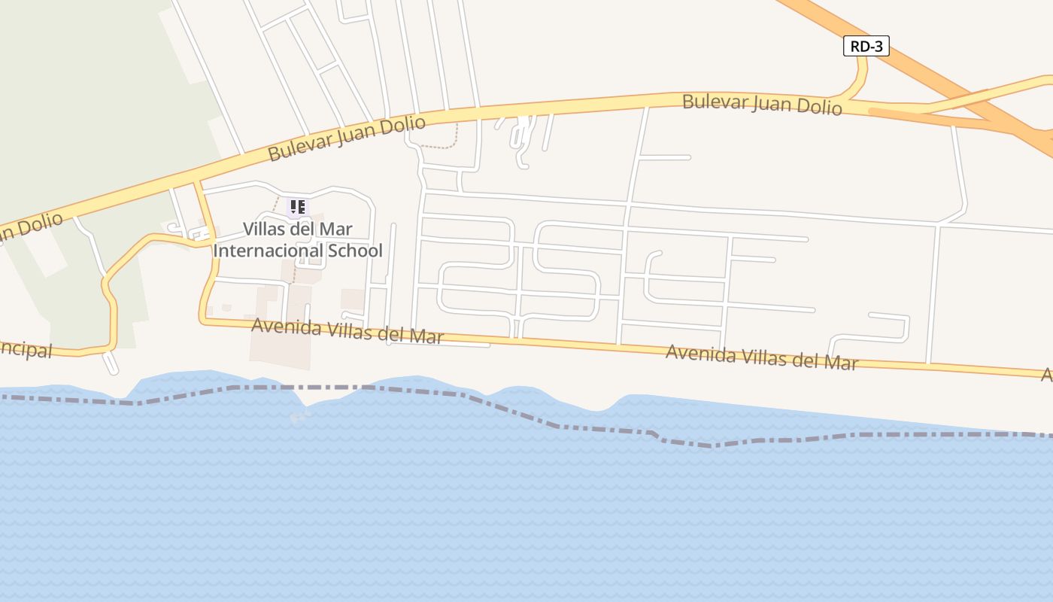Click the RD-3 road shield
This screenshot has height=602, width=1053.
coord(866,47)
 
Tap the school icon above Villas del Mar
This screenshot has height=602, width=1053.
coord(297,207)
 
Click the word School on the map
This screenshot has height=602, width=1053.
coord(355,251)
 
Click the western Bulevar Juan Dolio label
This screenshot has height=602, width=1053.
coord(347,138)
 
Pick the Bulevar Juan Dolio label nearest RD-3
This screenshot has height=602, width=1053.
coord(761,104)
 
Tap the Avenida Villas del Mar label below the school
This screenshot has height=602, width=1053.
coord(347,330)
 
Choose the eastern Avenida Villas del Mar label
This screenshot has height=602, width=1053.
coord(761,357)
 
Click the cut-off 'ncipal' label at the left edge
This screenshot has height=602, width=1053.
coord(26,350)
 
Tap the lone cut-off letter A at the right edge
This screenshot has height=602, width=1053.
coord(1047,374)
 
